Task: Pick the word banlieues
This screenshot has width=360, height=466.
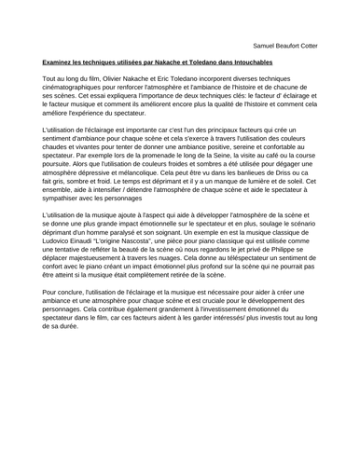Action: coord(242,176)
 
